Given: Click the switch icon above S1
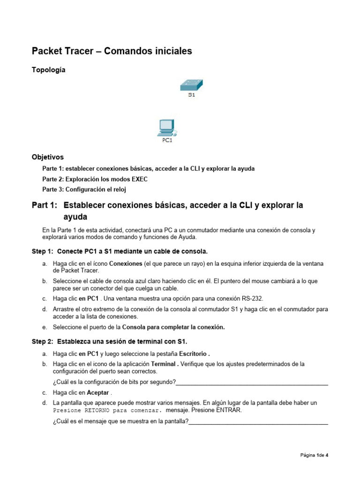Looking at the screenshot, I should point(191,85).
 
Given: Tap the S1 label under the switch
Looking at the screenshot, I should point(191,95).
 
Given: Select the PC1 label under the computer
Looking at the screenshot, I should point(167,140).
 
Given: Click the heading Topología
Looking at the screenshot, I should point(48,70).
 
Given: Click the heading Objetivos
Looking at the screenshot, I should point(47,157).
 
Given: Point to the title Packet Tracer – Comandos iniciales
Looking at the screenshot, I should point(112,51).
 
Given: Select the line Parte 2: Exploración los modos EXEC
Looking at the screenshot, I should point(95,179).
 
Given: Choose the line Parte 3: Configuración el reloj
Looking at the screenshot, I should point(84,189).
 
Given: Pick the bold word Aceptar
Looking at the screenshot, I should point(97,392).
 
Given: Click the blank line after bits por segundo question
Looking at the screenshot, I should point(252,382).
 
